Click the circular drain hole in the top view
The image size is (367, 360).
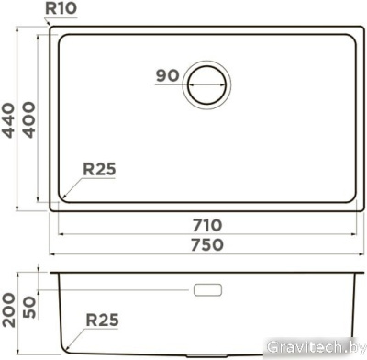tap(208, 89)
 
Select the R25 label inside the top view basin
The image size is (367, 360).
tap(99, 169)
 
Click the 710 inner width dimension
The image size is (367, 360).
tap(208, 225)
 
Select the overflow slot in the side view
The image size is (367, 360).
tap(208, 291)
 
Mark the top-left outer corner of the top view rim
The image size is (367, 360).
tap(51, 25)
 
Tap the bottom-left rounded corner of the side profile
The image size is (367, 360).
tap(64, 350)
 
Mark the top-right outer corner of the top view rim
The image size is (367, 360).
tap(364, 25)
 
